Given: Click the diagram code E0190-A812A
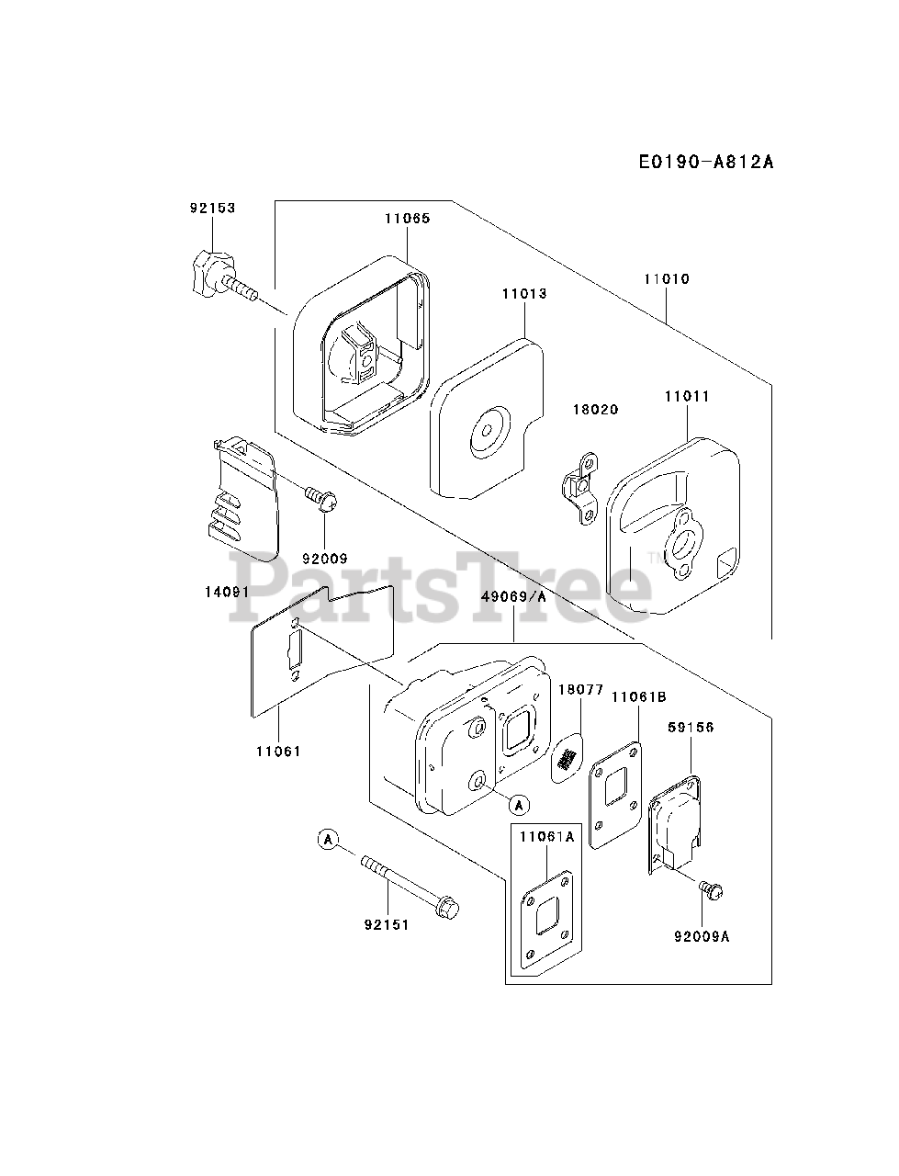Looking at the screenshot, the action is [706, 163].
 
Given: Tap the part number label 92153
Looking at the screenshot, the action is [212, 209].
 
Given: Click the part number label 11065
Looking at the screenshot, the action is [407, 219].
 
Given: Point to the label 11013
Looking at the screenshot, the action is [524, 294].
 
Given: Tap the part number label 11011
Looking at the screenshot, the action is [687, 397].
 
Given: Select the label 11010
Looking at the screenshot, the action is [666, 278].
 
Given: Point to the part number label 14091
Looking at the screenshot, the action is [226, 592].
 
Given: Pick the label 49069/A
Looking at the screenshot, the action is [513, 596].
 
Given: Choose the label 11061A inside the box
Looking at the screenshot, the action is [546, 837].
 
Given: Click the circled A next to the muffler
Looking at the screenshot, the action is [519, 805].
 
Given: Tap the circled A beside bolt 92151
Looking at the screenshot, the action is [329, 838].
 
